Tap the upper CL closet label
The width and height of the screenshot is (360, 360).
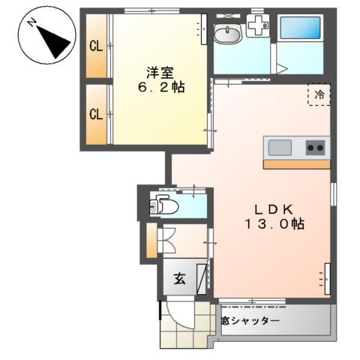(96, 46)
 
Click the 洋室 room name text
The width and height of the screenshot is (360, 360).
(158, 72)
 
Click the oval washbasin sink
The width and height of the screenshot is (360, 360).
(226, 34)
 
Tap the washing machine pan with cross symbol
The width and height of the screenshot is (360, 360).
(259, 27)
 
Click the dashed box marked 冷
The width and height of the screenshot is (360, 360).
(319, 95)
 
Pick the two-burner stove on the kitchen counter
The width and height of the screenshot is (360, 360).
(316, 147)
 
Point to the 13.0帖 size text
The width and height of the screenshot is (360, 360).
(273, 223)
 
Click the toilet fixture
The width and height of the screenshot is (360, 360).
(163, 205)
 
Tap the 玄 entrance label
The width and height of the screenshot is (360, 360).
(180, 279)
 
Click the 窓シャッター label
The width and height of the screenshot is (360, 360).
(250, 321)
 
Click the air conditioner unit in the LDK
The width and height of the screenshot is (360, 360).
(327, 277)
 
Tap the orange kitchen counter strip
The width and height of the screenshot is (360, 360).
(297, 163)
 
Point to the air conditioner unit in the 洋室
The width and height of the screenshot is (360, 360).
(202, 29)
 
